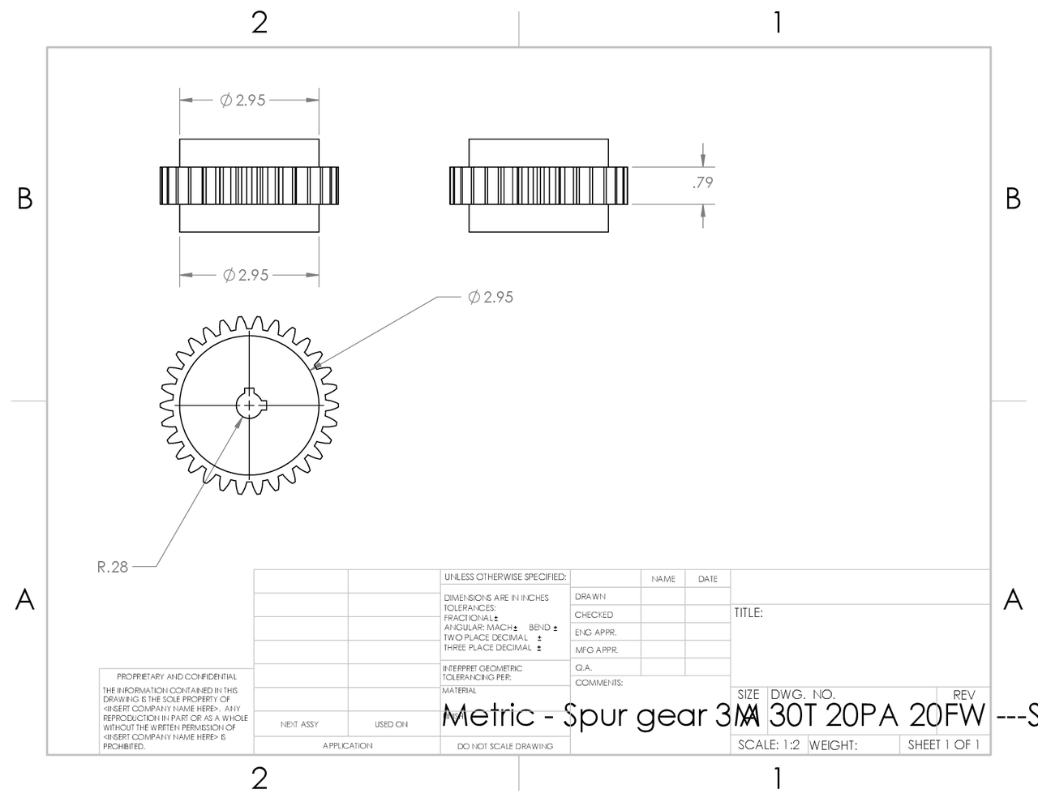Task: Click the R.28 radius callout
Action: [113, 567]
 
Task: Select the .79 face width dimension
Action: [702, 182]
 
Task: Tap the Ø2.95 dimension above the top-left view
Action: [242, 101]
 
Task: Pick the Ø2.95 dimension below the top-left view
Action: [246, 275]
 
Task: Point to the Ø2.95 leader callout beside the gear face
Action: [491, 297]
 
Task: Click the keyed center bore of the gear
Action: [249, 404]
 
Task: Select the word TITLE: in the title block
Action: [748, 613]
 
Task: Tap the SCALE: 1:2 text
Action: [770, 744]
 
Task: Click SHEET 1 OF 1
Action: [943, 744]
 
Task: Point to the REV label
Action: [963, 695]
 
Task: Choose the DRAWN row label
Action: [590, 597]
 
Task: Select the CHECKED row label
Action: [594, 615]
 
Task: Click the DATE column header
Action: [707, 579]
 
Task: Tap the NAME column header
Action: [663, 579]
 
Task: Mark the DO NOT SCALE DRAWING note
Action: [504, 746]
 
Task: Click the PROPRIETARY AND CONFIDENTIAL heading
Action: [177, 676]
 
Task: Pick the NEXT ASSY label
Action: [299, 724]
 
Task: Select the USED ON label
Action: [391, 724]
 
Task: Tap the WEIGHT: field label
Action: [833, 745]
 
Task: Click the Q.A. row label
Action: [584, 667]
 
